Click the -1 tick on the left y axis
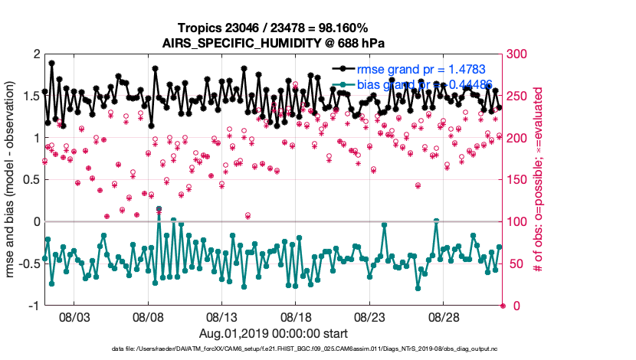coord(32,306)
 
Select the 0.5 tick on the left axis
coord(29,180)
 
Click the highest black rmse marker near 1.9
coord(51,64)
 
